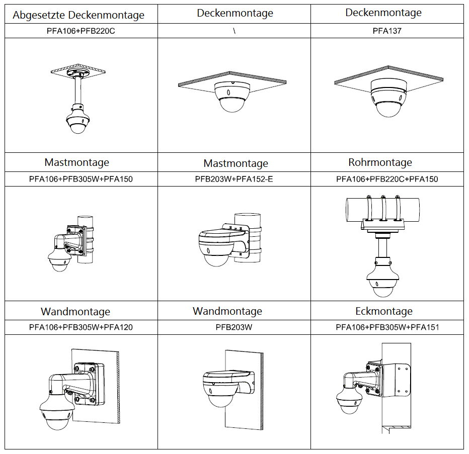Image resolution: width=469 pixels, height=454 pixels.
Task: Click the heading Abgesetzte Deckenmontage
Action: pyautogui.click(x=79, y=15)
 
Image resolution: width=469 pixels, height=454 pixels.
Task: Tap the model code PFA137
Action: pyautogui.click(x=387, y=31)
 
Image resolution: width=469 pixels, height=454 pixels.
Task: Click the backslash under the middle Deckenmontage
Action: pyautogui.click(x=234, y=31)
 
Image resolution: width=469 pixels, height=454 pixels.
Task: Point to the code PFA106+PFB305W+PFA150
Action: pyautogui.click(x=81, y=179)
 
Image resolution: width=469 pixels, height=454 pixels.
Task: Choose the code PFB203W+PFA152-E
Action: pyautogui.click(x=234, y=179)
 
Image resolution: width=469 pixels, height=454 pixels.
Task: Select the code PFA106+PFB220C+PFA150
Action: pyautogui.click(x=387, y=179)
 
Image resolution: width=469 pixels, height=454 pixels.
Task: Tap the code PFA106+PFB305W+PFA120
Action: pyautogui.click(x=81, y=327)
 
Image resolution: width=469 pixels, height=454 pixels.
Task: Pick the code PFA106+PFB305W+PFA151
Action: pyautogui.click(x=387, y=327)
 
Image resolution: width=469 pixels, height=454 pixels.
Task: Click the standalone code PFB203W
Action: pyautogui.click(x=234, y=327)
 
